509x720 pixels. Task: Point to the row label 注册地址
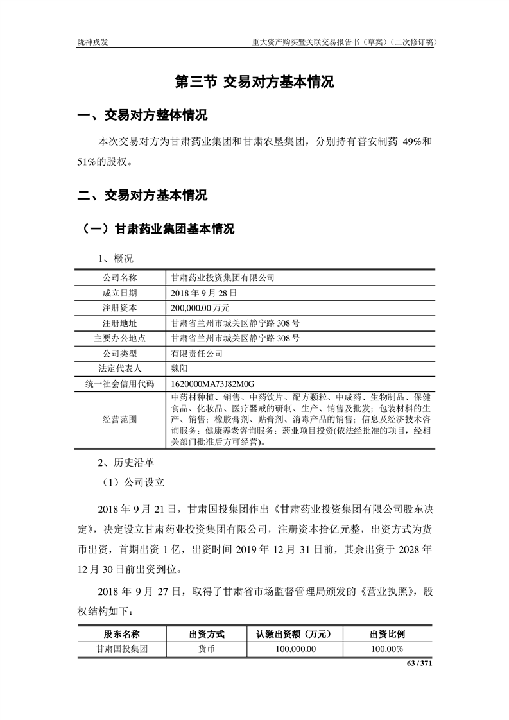click(x=120, y=323)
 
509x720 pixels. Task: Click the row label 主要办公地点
click(x=120, y=338)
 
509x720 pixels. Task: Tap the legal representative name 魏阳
click(x=180, y=368)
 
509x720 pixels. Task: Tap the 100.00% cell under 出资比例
click(x=387, y=649)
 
